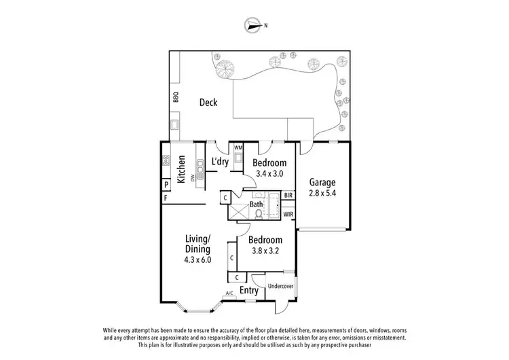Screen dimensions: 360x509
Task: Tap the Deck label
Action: click(x=208, y=103)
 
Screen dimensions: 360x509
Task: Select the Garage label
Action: click(x=323, y=182)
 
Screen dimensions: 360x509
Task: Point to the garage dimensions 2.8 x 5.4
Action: click(x=323, y=193)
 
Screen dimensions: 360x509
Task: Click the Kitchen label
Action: click(x=182, y=170)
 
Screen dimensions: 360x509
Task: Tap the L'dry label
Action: click(x=219, y=162)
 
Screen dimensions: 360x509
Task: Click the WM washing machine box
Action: click(x=238, y=147)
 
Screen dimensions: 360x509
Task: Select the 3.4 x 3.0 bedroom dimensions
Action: click(x=269, y=174)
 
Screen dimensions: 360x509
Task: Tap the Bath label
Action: click(x=257, y=204)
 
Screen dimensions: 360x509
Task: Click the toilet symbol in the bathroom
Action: click(x=258, y=213)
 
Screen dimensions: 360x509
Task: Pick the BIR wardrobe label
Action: click(x=288, y=195)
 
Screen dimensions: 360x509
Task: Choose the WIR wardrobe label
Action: click(x=288, y=215)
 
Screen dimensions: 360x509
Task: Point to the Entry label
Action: click(x=249, y=290)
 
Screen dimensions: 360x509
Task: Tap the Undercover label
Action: click(x=281, y=286)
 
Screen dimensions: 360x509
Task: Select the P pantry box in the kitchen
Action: click(x=165, y=185)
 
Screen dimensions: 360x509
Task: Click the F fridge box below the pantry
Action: click(x=165, y=198)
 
